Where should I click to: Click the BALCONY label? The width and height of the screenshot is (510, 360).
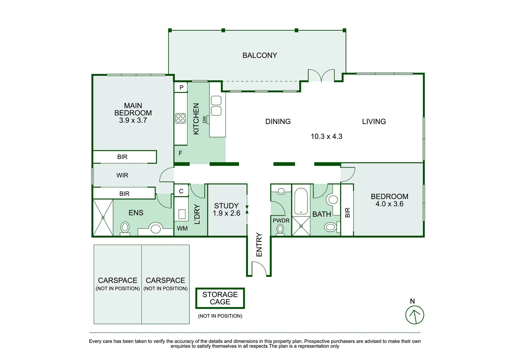click(x=260, y=55)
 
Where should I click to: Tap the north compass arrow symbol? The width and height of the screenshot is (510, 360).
click(x=415, y=315)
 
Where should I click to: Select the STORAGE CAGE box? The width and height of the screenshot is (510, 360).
click(x=220, y=298)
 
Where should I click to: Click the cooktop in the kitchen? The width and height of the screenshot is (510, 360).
click(x=181, y=118)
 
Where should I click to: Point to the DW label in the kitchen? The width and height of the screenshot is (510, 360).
click(x=204, y=119)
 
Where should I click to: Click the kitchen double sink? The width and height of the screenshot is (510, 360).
click(x=216, y=106)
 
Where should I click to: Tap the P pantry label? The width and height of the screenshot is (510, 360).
click(x=181, y=88)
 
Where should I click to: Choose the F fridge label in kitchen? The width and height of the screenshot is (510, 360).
click(x=180, y=153)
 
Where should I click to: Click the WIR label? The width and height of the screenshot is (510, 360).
click(x=122, y=175)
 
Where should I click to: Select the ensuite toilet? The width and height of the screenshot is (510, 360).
click(x=125, y=228)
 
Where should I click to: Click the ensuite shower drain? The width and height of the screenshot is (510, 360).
click(x=103, y=218)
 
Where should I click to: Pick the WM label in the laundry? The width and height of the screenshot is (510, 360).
click(x=182, y=228)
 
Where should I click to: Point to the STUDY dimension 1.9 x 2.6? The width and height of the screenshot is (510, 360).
click(x=226, y=213)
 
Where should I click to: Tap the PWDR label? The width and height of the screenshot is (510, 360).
click(x=281, y=220)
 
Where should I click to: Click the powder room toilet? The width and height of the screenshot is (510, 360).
click(x=280, y=229)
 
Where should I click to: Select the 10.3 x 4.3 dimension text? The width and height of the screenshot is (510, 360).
click(x=326, y=136)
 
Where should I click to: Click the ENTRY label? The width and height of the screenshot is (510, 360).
click(x=259, y=245)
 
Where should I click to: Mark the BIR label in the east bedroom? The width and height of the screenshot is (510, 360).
click(x=347, y=213)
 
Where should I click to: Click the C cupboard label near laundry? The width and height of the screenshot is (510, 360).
click(x=181, y=191)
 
